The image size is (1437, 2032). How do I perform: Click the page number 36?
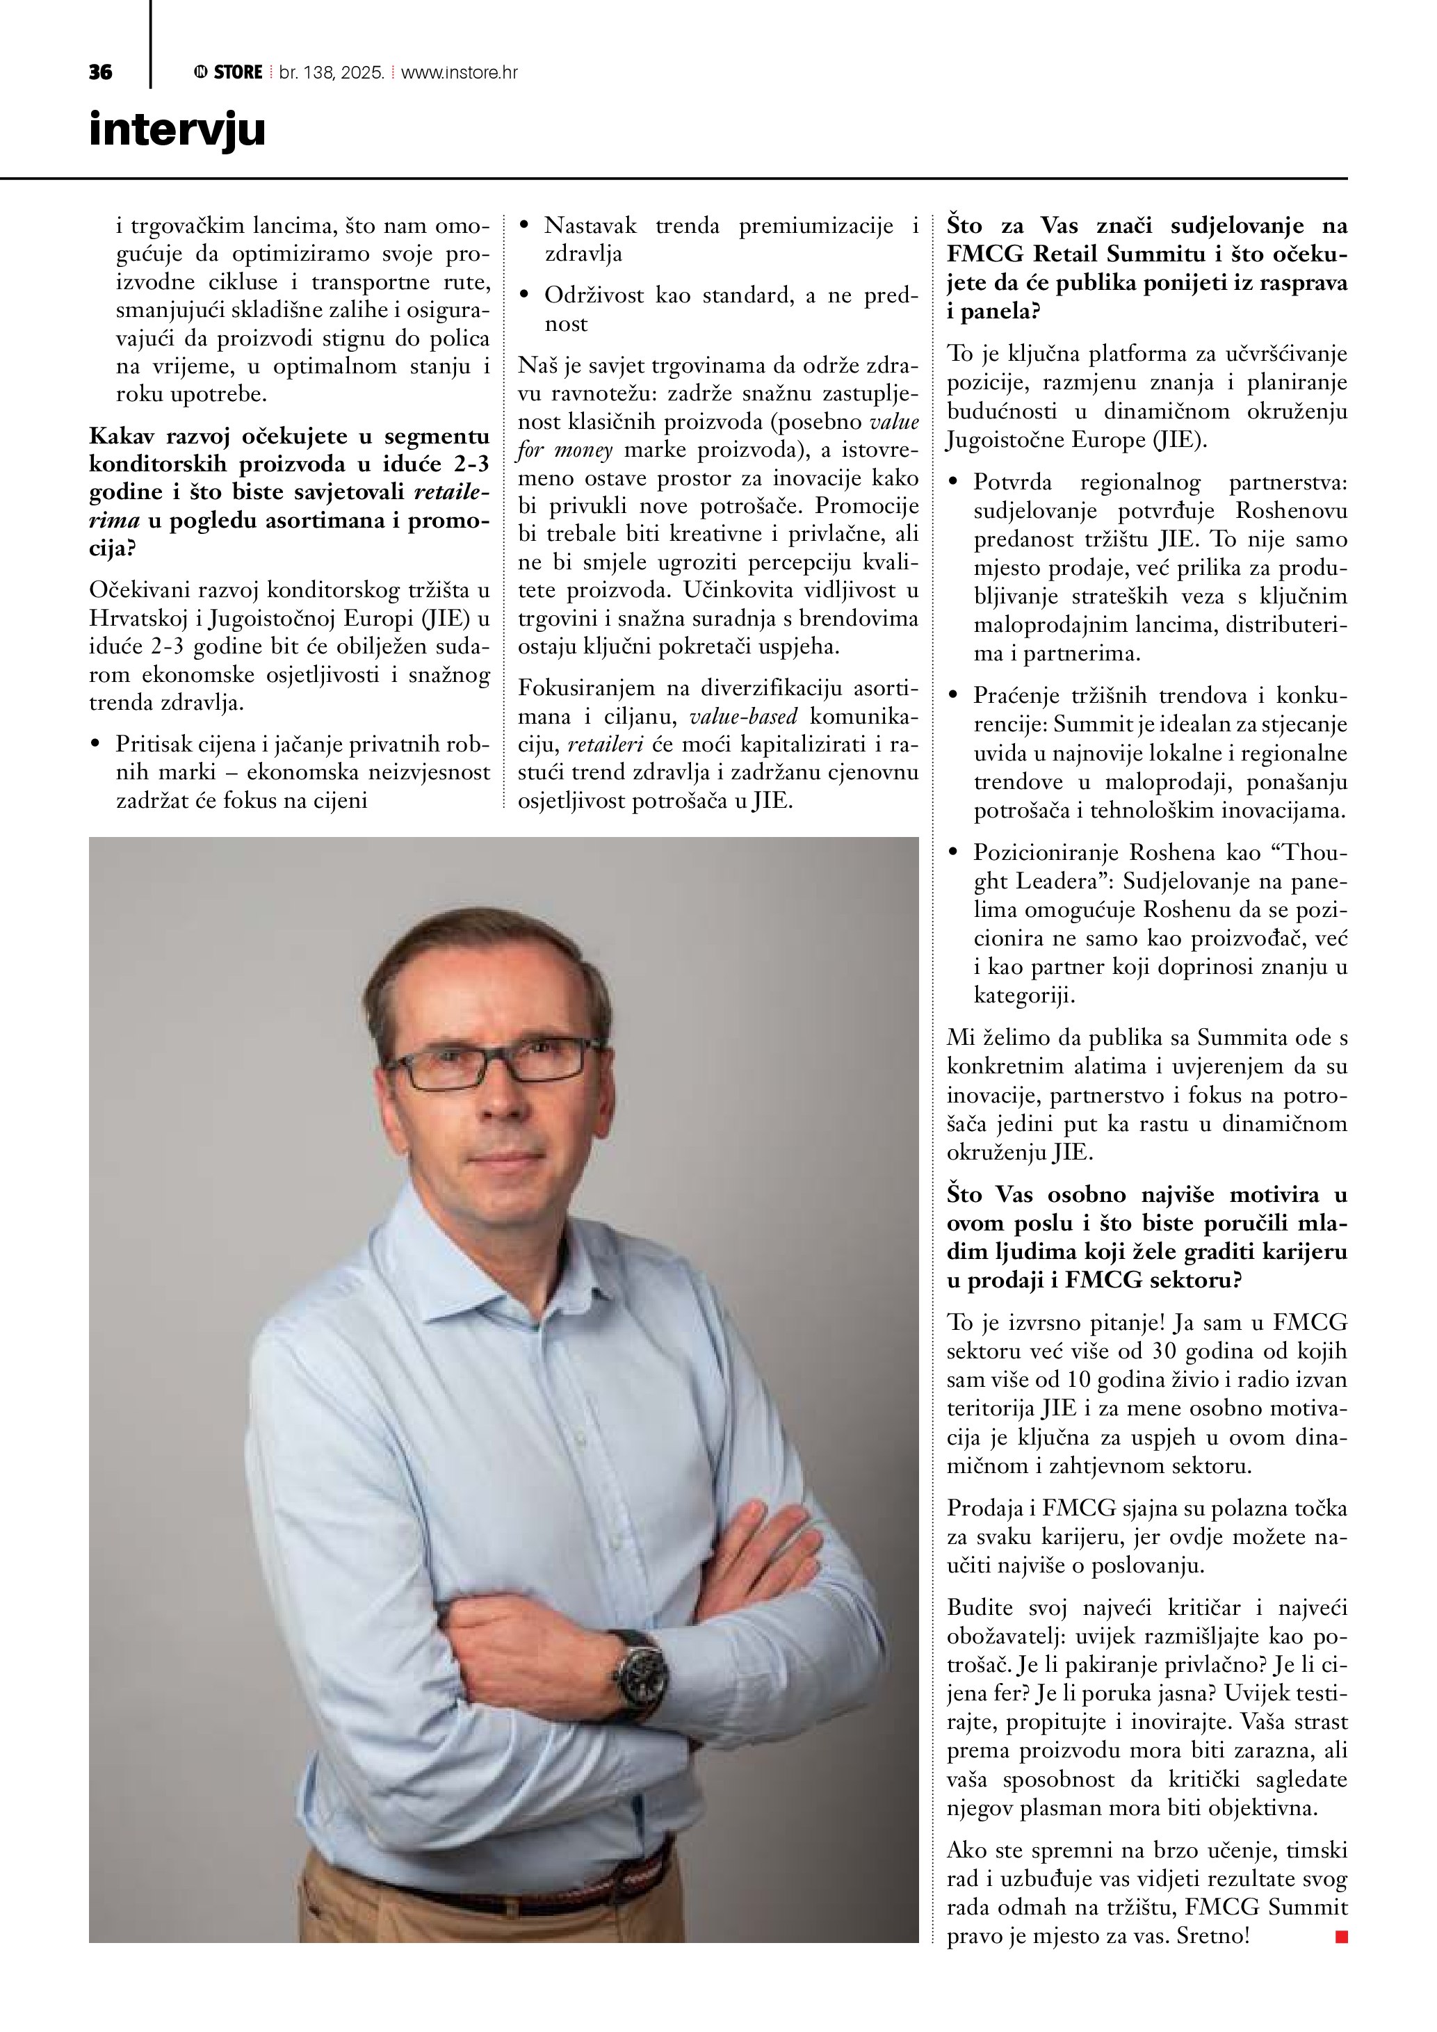point(100,72)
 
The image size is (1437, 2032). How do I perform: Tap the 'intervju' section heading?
point(177,130)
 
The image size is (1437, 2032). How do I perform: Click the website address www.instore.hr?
point(460,72)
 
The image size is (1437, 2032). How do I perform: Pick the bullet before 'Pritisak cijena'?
point(95,745)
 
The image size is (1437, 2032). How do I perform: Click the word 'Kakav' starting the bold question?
point(120,437)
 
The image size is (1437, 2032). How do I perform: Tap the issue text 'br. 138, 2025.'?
point(332,72)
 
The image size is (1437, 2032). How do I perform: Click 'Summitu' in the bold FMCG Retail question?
point(1164,254)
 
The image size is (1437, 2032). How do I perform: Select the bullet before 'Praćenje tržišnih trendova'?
point(953,697)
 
